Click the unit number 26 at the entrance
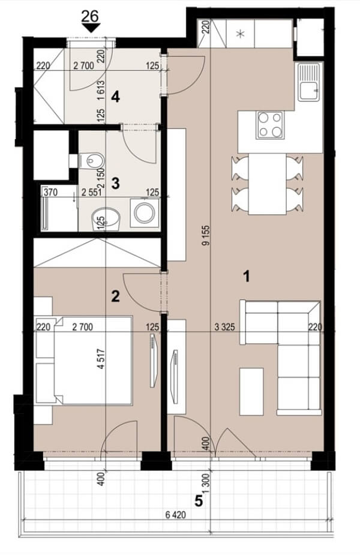90,16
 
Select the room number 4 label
115,97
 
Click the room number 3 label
115,184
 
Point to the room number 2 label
115,296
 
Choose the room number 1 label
247,276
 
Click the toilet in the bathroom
91,161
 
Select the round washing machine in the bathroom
145,213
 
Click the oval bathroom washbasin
106,220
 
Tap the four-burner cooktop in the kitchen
270,125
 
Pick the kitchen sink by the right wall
309,82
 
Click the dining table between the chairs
267,184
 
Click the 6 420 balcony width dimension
176,515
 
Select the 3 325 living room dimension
225,326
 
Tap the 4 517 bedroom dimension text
101,359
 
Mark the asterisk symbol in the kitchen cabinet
241,34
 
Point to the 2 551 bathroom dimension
92,192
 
